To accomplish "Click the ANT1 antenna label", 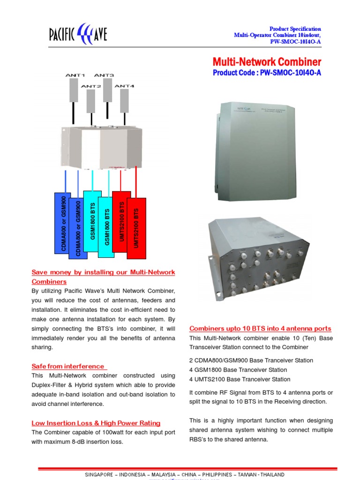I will [x=75, y=75].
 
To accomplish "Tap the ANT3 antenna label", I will [x=104, y=75].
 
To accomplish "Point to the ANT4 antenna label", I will [x=125, y=86].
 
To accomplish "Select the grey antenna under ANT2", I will [x=90, y=101].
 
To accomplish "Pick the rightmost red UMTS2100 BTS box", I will [x=136, y=228].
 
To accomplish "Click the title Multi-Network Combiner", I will [x=267, y=62].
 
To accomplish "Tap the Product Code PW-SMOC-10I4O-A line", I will [x=267, y=73].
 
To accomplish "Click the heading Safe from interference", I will [x=68, y=366].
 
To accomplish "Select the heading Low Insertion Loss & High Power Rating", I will [x=96, y=423].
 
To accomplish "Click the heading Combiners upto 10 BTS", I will [x=260, y=329].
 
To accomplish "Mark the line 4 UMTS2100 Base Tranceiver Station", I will [x=240, y=379].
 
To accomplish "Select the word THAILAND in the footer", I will [x=270, y=474].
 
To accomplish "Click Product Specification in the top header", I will [x=295, y=29].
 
